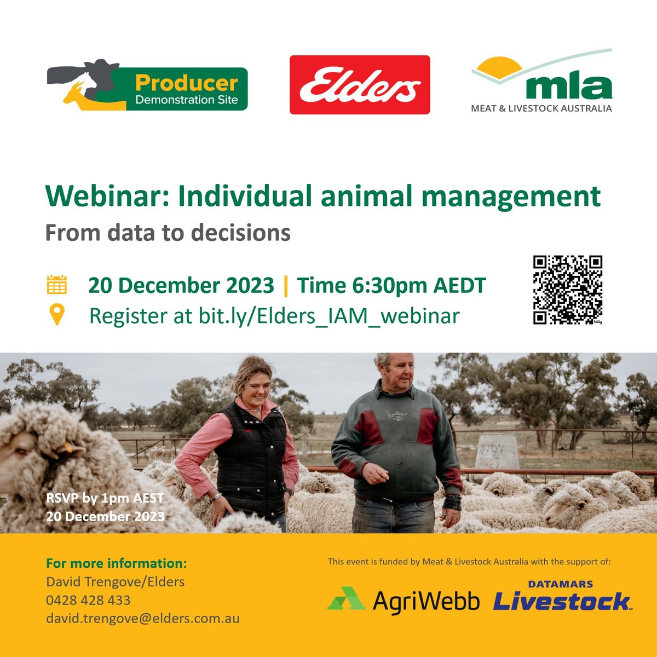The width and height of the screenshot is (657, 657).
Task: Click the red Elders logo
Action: [x=360, y=85]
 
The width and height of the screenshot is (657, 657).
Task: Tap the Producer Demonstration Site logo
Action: [x=147, y=85]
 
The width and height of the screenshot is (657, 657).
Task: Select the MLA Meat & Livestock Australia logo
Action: [x=541, y=82]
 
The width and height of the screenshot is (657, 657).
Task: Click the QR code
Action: [x=568, y=290]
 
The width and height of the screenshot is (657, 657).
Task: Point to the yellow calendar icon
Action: [x=56, y=285]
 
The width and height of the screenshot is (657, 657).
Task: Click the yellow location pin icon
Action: [x=56, y=315]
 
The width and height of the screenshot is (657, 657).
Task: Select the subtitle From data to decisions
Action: [x=168, y=233]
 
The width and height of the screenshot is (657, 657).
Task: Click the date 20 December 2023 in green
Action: [x=181, y=285]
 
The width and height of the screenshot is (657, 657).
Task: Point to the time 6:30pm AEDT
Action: [x=391, y=285]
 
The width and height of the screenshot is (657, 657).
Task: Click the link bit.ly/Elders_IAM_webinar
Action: [x=329, y=316]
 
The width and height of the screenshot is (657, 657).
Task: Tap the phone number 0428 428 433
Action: [x=88, y=600]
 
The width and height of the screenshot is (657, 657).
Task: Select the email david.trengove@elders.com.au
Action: [x=142, y=619]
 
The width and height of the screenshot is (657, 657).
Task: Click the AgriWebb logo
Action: [x=404, y=600]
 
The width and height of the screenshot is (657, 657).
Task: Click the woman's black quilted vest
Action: [x=251, y=454]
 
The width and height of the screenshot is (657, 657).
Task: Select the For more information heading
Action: [x=116, y=563]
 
